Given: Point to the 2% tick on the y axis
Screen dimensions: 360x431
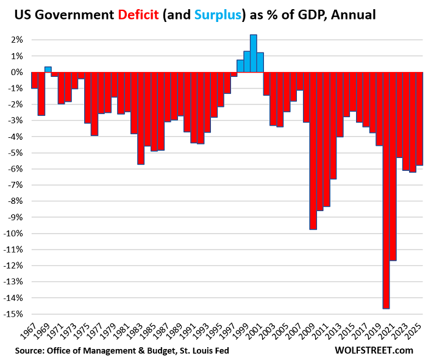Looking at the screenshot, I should [16, 40].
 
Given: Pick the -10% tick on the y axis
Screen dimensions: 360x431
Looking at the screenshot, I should [15, 234].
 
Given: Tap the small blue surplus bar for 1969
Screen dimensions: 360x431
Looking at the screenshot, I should [48, 70].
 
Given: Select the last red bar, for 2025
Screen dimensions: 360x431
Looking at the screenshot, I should [419, 118].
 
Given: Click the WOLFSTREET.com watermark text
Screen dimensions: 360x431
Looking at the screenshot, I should [374, 350].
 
